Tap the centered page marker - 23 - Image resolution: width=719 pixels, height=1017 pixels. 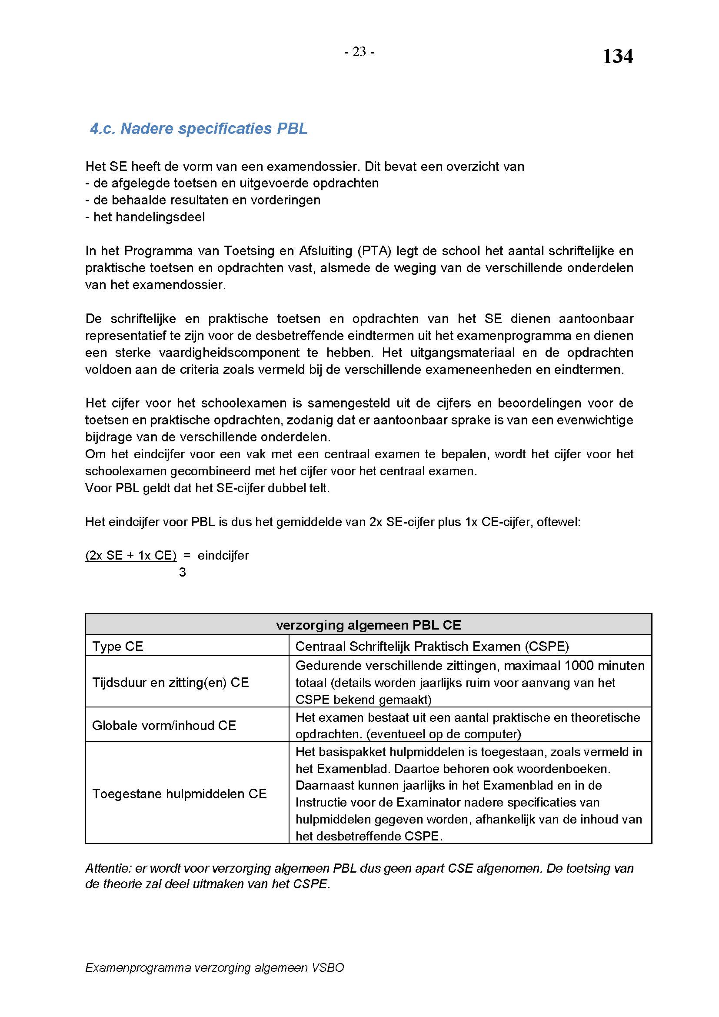point(359,52)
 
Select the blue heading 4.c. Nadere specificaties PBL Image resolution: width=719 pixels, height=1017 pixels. point(198,128)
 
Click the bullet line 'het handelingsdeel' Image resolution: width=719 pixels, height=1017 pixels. point(145,217)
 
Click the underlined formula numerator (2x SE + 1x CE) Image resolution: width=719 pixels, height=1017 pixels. point(130,555)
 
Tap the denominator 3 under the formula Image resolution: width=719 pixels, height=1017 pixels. point(182,572)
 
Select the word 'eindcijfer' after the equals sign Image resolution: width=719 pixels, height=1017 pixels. point(223,555)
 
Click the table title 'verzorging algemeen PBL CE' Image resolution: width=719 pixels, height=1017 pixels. point(368,625)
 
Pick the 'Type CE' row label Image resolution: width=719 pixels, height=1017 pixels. point(118,646)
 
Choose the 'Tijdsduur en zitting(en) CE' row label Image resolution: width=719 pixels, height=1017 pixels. point(170,682)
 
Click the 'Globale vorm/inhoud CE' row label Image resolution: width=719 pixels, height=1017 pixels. point(164,725)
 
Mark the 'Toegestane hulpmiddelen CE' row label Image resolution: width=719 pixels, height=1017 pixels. point(179,794)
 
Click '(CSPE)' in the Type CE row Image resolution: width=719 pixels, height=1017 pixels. point(547,646)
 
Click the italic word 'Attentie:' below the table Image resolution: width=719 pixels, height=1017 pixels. point(109,868)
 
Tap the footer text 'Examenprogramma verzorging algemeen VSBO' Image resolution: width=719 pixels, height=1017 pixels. point(214,968)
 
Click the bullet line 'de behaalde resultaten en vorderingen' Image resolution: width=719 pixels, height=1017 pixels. point(203,200)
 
